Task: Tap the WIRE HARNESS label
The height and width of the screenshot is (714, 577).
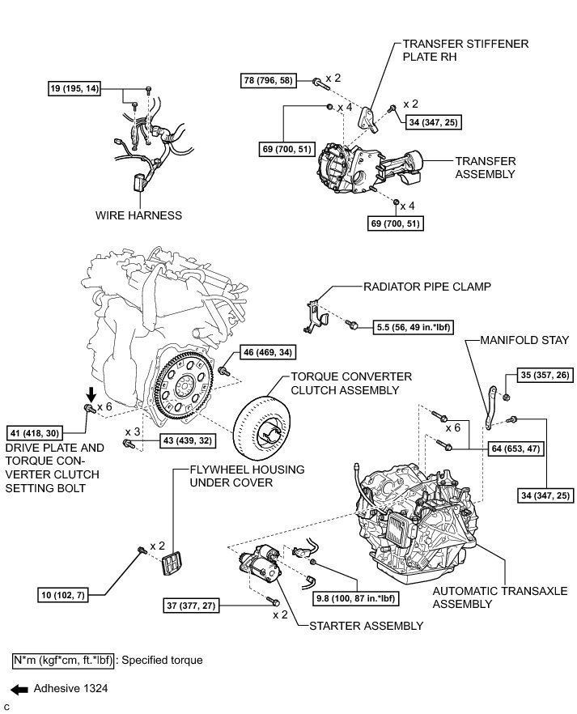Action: tap(138, 215)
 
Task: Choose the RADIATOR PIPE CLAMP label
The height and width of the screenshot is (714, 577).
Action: tap(416, 286)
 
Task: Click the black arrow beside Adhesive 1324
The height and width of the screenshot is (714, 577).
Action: tap(20, 689)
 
